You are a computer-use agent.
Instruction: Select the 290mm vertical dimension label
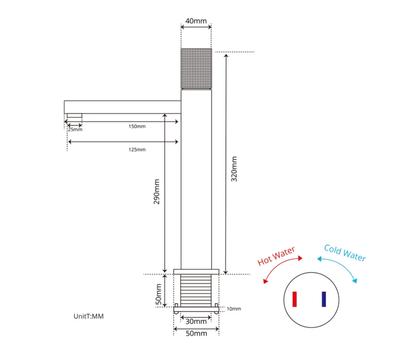coord(157,191)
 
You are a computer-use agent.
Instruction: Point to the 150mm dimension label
coord(137,126)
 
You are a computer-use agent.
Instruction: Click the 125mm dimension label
coord(137,149)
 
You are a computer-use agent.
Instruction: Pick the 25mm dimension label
coord(75,129)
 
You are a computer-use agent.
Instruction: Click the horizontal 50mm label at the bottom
coord(197,333)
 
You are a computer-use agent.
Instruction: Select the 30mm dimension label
coord(196,322)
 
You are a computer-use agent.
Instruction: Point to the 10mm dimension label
coord(234,309)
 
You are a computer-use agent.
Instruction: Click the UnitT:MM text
coord(89,316)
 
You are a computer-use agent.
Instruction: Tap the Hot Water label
coord(276,256)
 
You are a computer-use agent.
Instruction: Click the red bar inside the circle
coord(295,299)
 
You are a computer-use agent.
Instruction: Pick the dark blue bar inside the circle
coord(324,299)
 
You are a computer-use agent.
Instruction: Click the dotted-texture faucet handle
coord(196,68)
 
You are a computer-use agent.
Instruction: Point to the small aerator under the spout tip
coord(75,116)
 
